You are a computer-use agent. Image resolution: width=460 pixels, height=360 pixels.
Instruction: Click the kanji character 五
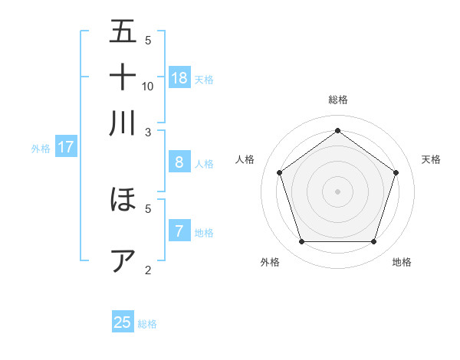[123, 31]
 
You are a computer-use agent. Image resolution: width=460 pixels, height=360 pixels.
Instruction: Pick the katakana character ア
[123, 261]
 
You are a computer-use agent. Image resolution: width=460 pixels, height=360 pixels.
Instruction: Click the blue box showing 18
[179, 77]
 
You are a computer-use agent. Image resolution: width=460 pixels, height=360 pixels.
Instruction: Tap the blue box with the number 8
[179, 162]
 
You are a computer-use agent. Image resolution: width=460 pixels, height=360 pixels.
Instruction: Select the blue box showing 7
[179, 231]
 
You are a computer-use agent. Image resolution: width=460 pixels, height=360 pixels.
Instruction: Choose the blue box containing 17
[65, 147]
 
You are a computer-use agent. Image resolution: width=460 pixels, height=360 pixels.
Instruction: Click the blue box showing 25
[123, 322]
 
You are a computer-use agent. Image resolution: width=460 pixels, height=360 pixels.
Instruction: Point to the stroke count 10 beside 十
[148, 86]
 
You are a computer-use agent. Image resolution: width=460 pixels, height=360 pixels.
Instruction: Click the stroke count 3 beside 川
[148, 132]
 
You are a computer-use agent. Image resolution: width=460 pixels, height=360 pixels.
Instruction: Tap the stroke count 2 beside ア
[148, 270]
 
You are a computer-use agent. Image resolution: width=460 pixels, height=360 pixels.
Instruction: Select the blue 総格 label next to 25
[147, 324]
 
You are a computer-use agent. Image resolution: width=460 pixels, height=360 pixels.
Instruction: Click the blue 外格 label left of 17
[40, 149]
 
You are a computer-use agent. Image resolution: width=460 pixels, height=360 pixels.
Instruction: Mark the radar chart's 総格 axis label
[337, 100]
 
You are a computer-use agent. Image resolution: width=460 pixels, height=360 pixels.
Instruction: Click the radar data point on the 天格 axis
[396, 172]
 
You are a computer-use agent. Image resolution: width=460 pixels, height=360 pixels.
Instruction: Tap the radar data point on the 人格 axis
[279, 172]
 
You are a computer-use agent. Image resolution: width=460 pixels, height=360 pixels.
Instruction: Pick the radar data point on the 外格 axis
[301, 242]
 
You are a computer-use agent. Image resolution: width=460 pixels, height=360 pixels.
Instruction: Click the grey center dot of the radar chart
[337, 191]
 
